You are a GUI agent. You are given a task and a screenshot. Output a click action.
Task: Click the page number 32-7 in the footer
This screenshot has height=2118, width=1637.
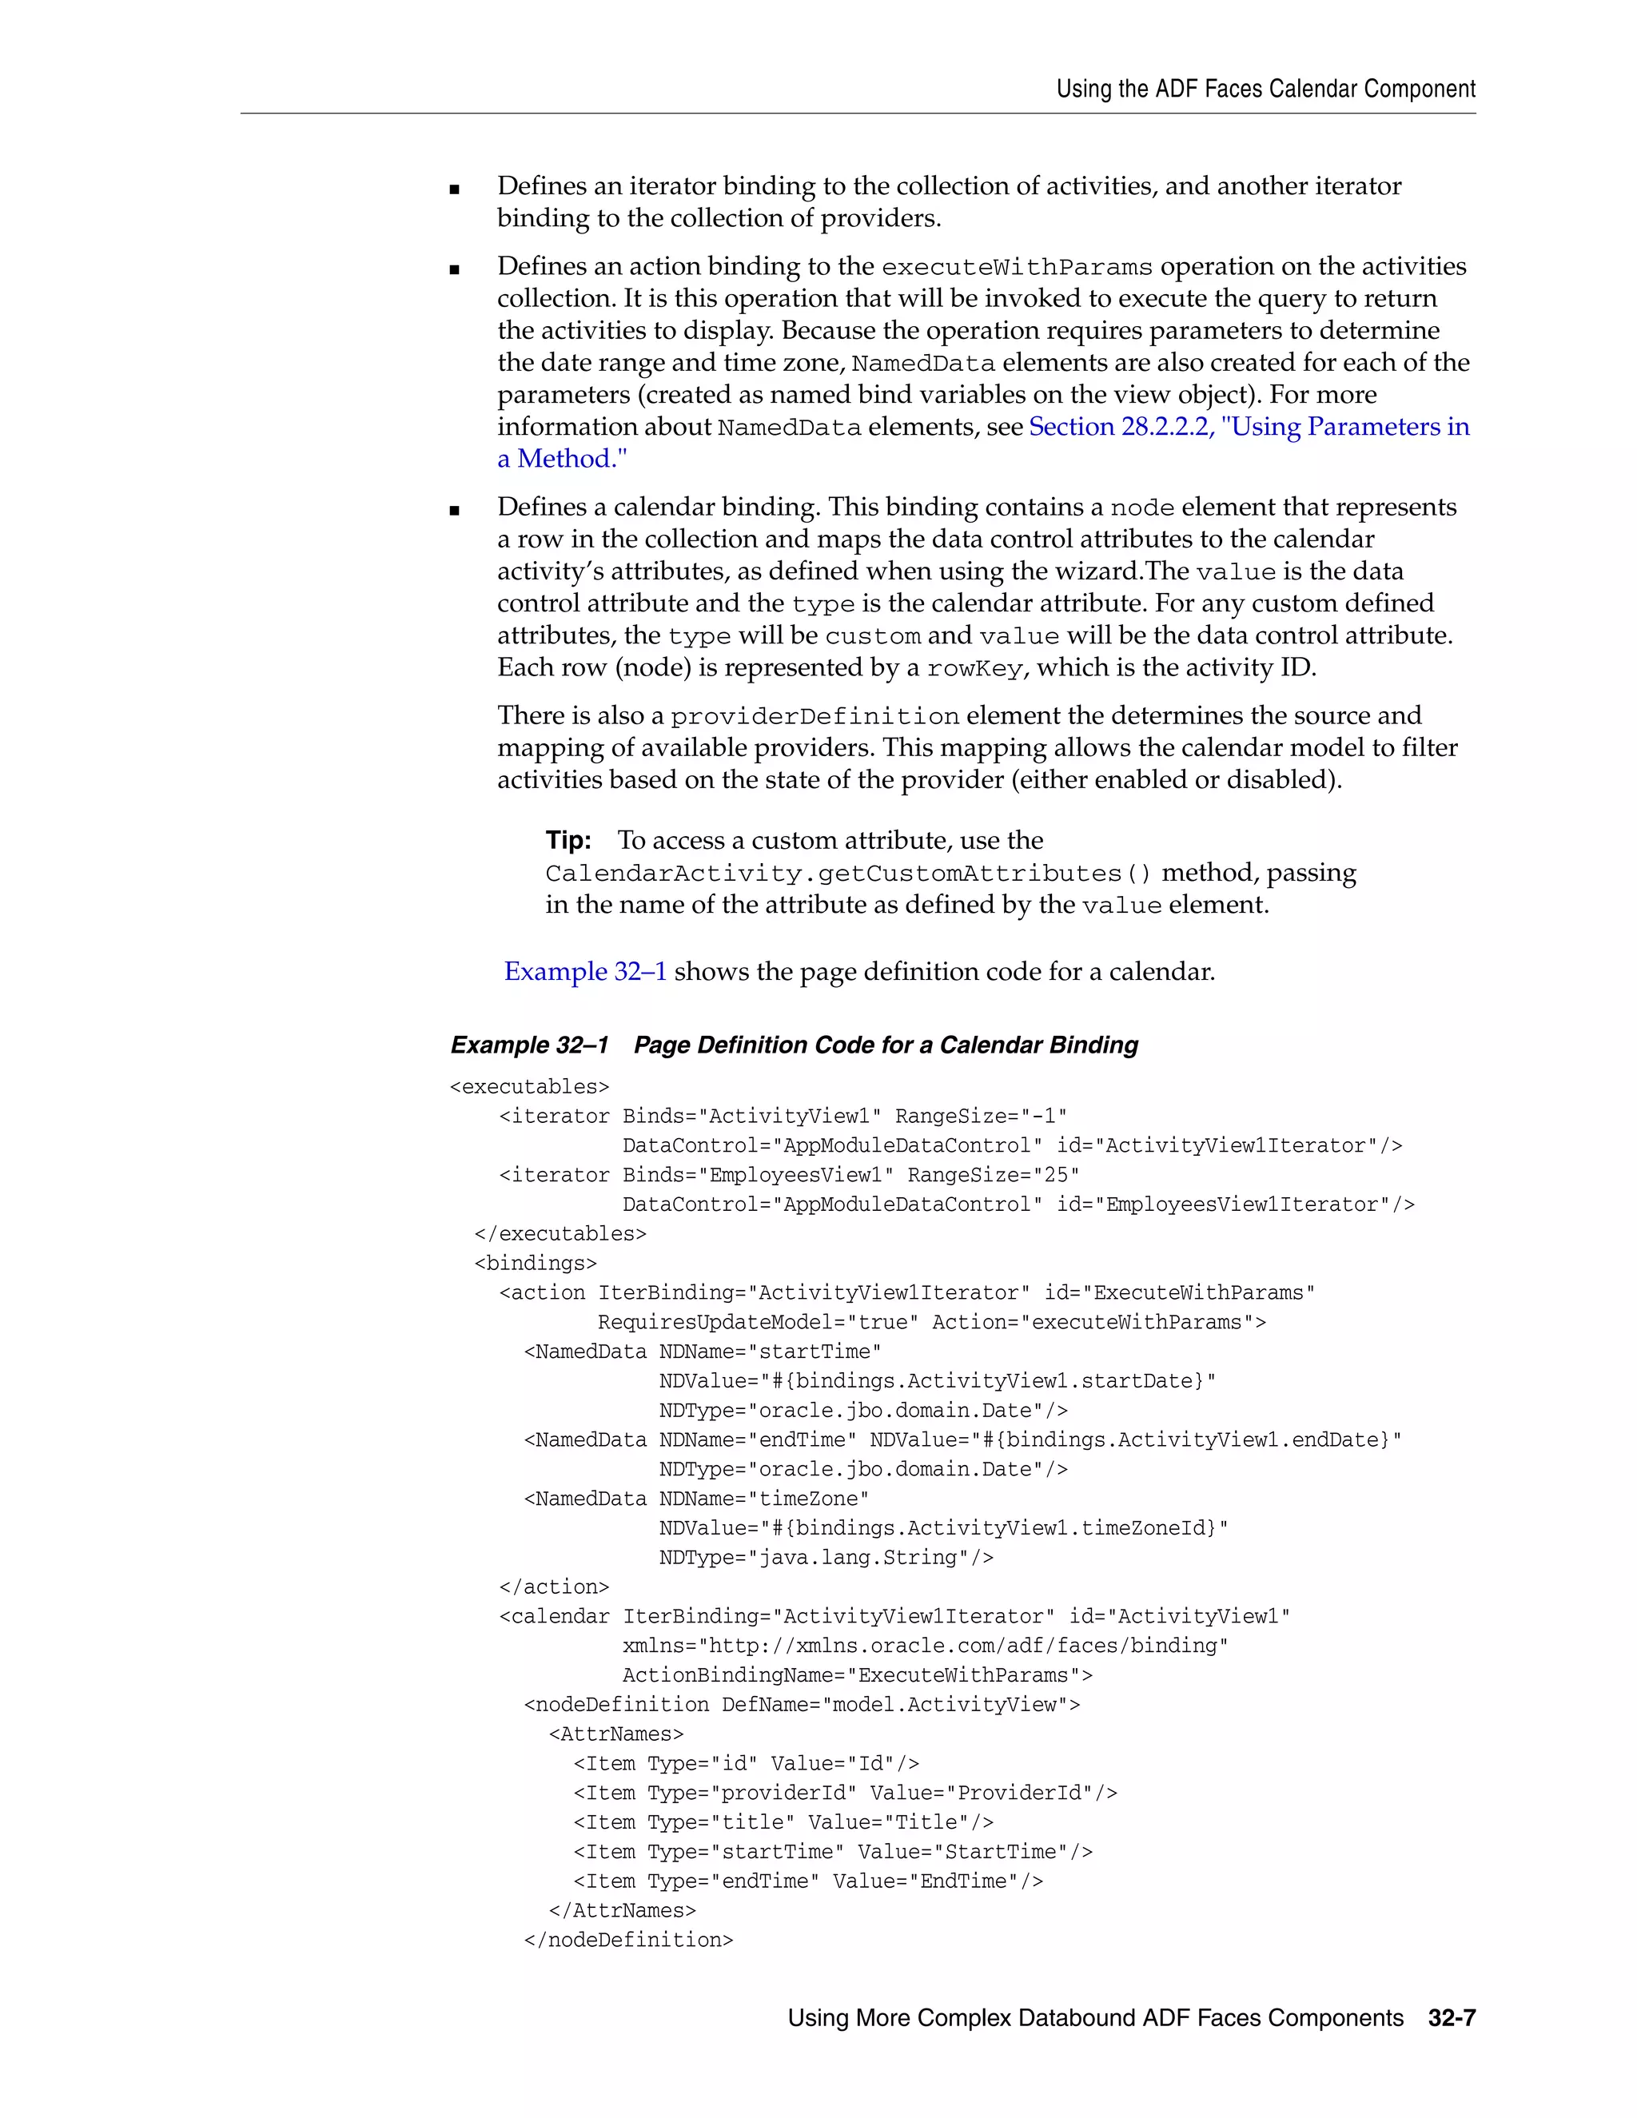(x=1451, y=2018)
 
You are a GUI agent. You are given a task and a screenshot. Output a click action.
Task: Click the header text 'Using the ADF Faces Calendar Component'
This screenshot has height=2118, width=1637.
(x=1265, y=90)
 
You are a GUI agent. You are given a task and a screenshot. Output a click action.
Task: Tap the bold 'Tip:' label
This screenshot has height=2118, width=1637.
(x=568, y=840)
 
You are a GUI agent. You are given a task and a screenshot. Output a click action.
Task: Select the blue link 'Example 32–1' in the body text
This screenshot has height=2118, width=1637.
(x=585, y=971)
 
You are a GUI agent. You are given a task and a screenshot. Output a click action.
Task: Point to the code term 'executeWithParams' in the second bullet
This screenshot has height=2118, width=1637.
(x=1017, y=267)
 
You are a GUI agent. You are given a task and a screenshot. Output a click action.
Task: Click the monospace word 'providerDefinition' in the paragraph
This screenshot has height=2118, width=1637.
(x=815, y=717)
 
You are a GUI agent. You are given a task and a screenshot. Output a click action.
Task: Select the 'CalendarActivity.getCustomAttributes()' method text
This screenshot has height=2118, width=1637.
(x=849, y=873)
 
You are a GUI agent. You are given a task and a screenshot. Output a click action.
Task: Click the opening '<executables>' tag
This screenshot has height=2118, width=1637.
(x=529, y=1087)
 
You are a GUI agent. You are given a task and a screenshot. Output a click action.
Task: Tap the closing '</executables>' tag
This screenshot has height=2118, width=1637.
(x=560, y=1233)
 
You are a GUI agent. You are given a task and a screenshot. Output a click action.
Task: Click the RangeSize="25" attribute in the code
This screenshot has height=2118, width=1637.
(x=993, y=1176)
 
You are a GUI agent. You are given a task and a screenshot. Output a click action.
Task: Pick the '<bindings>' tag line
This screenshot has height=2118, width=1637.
(x=536, y=1263)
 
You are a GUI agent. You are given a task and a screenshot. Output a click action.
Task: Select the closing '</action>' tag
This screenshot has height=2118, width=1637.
(x=554, y=1587)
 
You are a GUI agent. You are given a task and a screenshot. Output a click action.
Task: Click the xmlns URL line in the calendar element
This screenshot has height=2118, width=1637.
(x=925, y=1646)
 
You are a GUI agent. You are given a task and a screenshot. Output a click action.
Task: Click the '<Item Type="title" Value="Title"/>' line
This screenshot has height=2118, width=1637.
(x=783, y=1822)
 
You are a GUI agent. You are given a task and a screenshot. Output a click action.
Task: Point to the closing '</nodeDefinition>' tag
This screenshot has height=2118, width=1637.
(x=628, y=1940)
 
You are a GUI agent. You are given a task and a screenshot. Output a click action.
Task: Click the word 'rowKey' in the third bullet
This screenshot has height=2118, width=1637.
(x=974, y=668)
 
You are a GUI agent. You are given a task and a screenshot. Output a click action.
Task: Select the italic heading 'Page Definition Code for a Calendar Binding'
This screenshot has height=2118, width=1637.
(x=886, y=1045)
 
